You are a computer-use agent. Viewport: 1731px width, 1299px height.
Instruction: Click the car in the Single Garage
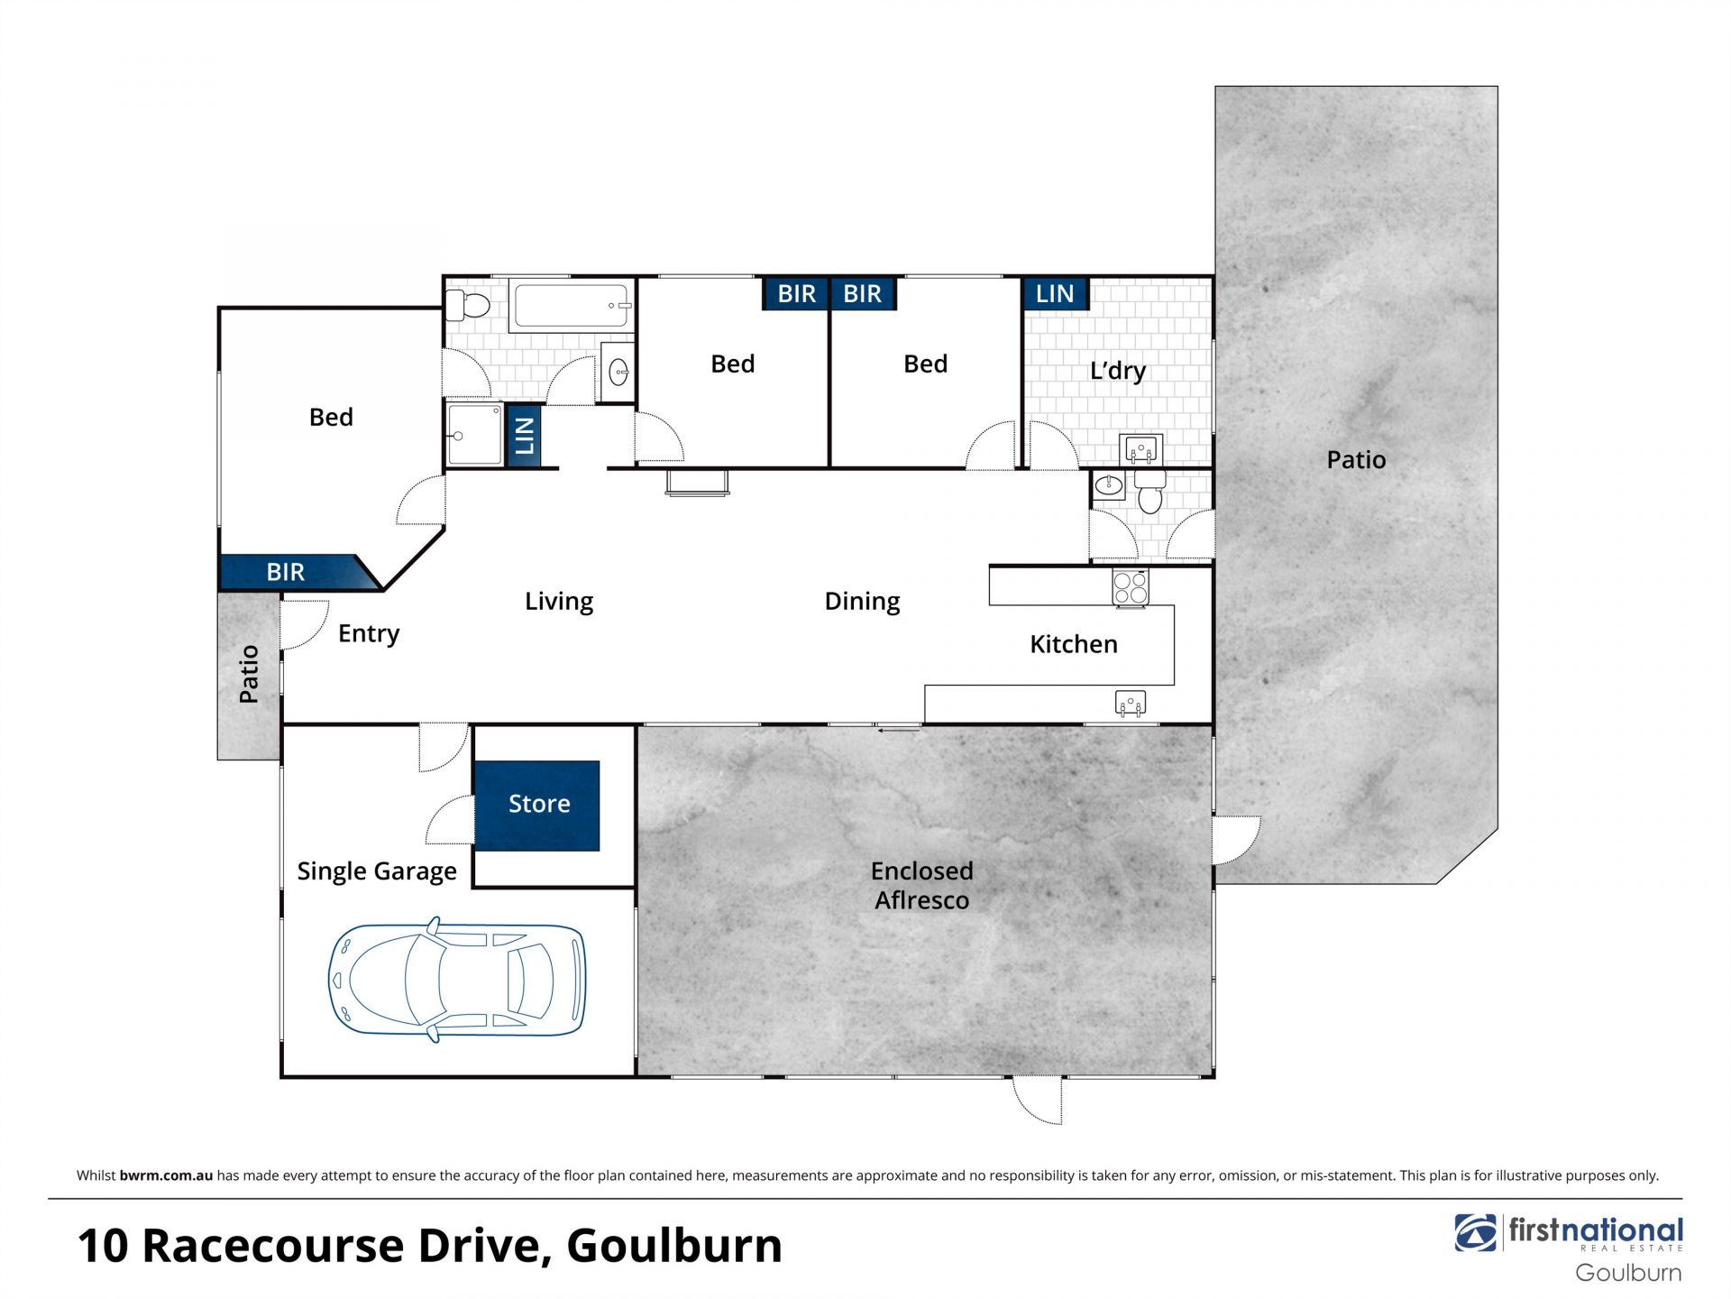pos(457,980)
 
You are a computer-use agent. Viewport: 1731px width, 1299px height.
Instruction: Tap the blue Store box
pos(537,806)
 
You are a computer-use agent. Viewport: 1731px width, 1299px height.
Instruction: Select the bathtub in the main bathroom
pos(571,306)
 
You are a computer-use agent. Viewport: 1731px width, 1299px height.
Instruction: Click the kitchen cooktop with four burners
pos(1131,588)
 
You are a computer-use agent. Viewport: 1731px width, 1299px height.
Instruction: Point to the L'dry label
pos(1118,371)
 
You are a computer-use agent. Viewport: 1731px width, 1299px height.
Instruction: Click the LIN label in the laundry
pos(1055,294)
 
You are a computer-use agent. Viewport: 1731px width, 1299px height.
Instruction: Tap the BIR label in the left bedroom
pos(286,572)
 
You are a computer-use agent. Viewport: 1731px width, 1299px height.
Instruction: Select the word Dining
pos(862,602)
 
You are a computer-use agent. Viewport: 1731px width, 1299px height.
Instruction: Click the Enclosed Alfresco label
pos(921,885)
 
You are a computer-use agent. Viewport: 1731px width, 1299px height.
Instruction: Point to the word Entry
pos(369,634)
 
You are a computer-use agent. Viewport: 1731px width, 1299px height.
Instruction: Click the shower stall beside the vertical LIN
pos(474,435)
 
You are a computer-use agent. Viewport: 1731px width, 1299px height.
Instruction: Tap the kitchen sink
pos(1131,703)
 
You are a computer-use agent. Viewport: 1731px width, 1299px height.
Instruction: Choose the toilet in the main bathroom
pos(467,305)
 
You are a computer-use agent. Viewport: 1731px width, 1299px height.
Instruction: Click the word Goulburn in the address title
pos(674,1246)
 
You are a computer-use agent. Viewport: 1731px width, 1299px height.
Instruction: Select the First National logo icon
pos(1476,1233)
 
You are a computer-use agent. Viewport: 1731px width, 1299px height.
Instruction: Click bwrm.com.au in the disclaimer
pos(166,1175)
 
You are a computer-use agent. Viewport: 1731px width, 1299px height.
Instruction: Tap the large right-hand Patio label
pos(1356,460)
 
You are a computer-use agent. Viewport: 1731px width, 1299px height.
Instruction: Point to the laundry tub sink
pos(1141,448)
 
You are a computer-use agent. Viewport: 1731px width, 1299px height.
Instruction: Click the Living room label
pos(559,602)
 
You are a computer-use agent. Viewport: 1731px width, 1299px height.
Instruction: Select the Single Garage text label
pos(377,871)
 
